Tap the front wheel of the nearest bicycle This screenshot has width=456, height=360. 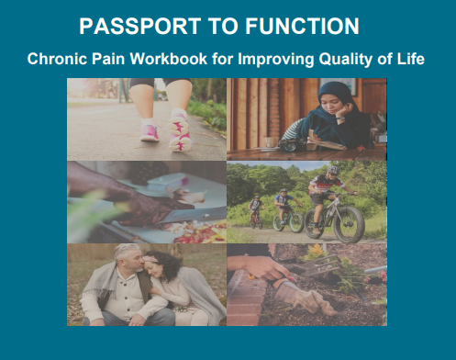[349, 225]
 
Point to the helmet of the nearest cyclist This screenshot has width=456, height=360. [333, 171]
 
